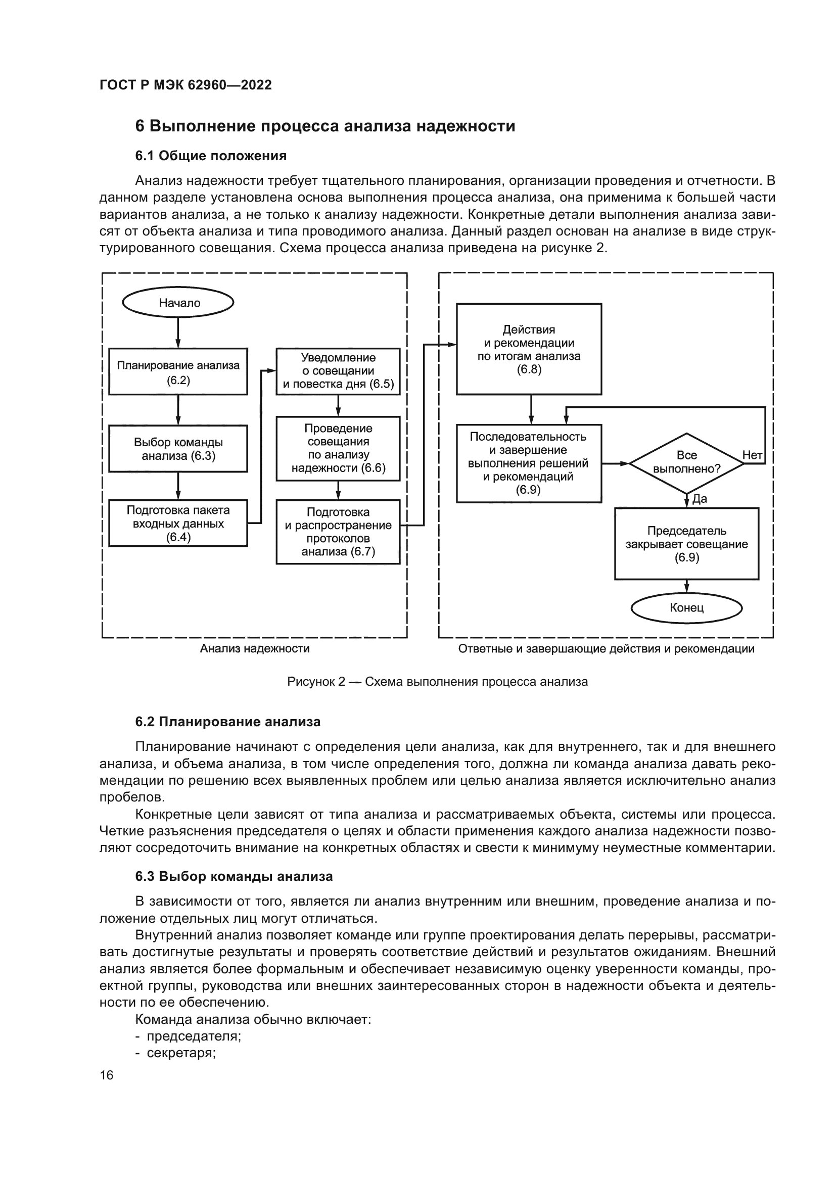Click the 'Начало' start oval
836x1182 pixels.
point(178,303)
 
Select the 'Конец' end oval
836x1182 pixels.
point(686,608)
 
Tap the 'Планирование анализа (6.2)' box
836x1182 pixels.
point(178,372)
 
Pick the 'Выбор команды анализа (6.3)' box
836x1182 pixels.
point(178,448)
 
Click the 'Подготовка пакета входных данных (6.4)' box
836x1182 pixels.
point(178,523)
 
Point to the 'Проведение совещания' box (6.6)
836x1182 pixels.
point(338,448)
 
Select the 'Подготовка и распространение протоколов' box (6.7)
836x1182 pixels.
point(338,532)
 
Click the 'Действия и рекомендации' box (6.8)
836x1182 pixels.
point(529,349)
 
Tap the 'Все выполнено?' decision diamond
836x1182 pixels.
point(686,463)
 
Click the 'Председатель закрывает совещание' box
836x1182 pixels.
point(686,544)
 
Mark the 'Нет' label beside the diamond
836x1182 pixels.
point(752,455)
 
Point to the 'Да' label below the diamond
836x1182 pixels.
point(700,499)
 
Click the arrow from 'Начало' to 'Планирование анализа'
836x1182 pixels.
point(178,332)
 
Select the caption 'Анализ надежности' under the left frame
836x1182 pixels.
point(255,649)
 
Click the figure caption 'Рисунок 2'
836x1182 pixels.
point(437,682)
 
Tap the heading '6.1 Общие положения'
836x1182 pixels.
point(211,156)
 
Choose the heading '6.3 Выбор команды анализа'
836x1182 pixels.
point(234,876)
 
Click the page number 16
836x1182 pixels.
point(107,1075)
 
